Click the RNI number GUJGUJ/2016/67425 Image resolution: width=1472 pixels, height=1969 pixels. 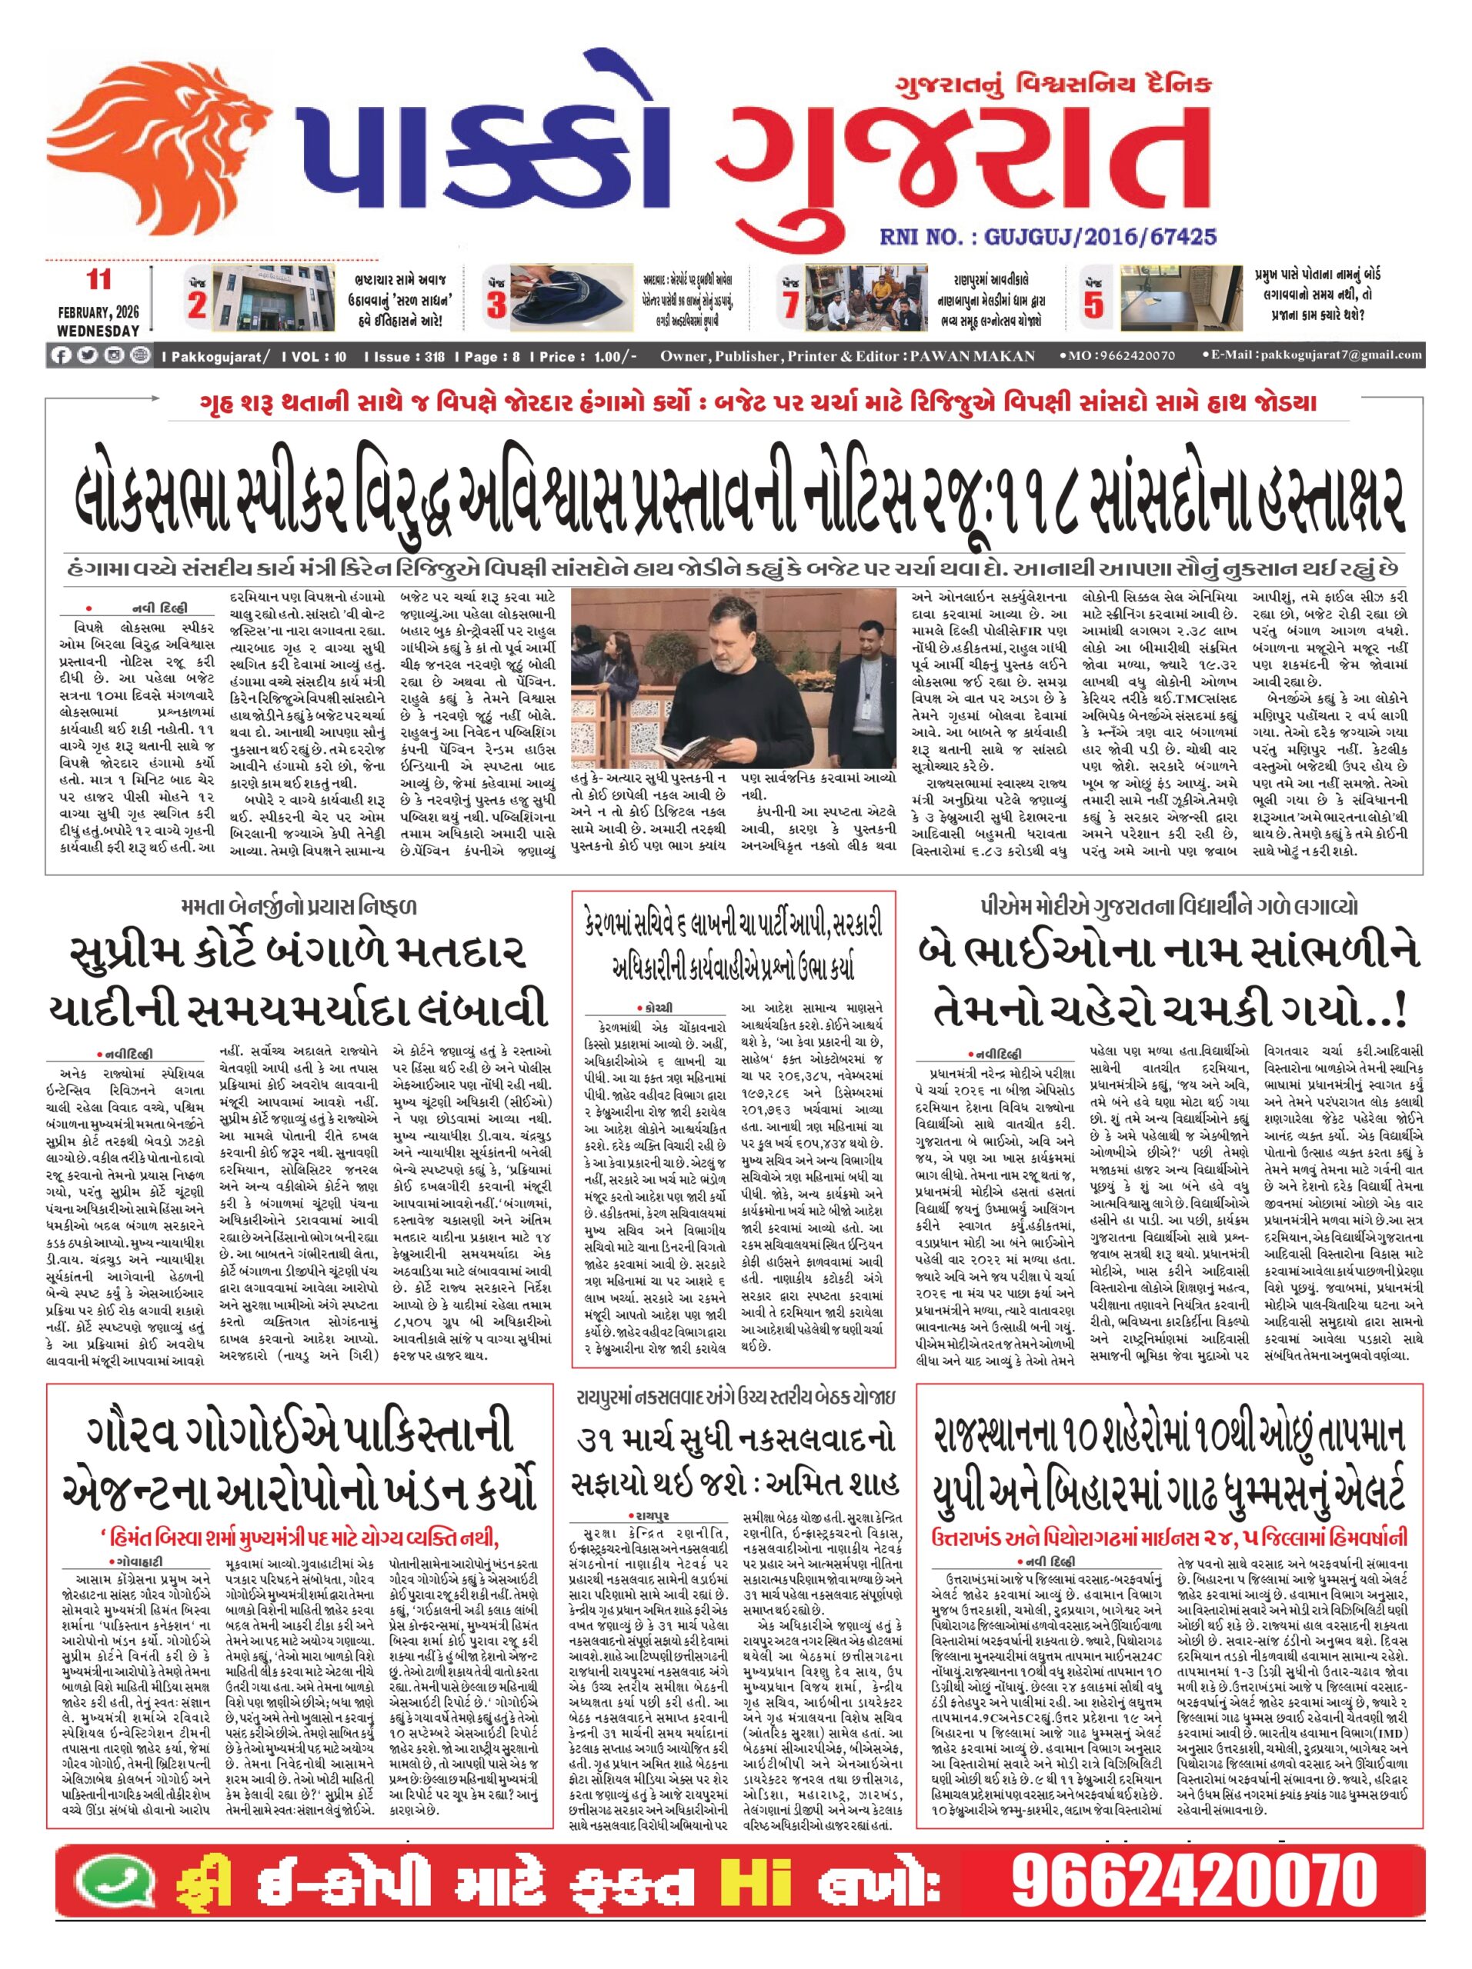(1047, 237)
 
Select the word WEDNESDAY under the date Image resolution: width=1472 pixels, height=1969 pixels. (98, 330)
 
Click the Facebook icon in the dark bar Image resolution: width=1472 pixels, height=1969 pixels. (61, 355)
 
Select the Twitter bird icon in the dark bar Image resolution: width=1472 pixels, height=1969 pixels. (86, 355)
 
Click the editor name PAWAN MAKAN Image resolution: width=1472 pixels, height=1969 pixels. (972, 356)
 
